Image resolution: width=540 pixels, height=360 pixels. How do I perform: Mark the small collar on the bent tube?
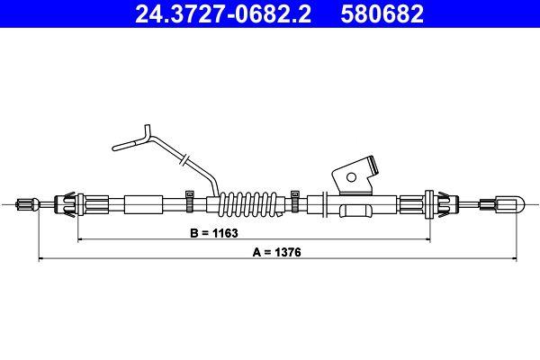183,160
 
